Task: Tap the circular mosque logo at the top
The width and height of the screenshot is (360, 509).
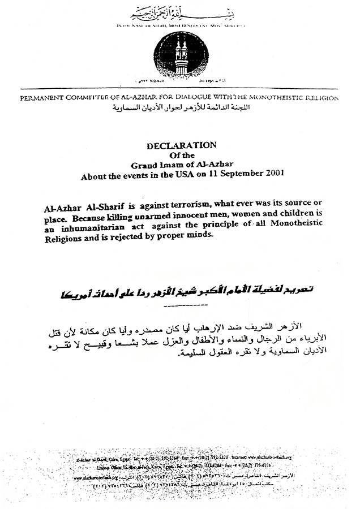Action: point(181,57)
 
